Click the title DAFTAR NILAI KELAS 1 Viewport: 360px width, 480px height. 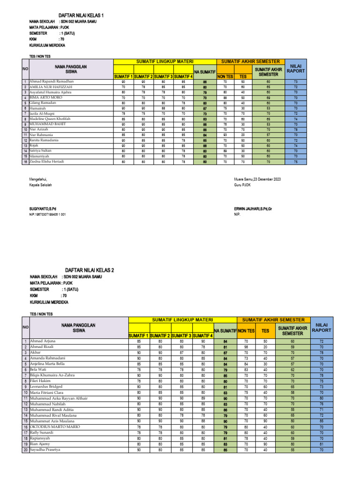click(x=81, y=15)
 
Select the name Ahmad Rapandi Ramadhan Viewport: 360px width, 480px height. click(x=51, y=82)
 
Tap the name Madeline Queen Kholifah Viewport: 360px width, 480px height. click(x=49, y=119)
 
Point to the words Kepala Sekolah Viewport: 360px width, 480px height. click(x=40, y=185)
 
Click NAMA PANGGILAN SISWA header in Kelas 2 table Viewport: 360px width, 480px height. click(x=78, y=327)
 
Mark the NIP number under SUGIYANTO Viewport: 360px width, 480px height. click(x=47, y=215)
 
